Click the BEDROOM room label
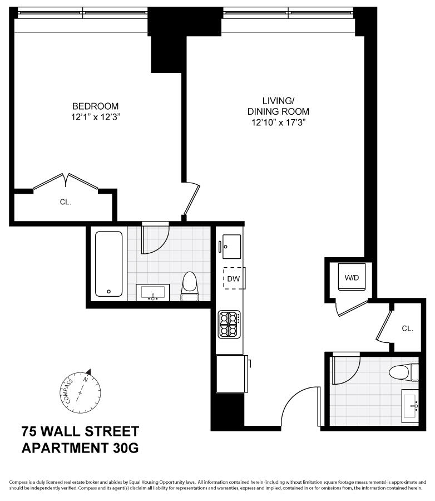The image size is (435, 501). click(95, 106)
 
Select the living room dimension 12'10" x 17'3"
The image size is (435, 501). click(278, 122)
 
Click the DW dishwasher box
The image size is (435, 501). click(233, 278)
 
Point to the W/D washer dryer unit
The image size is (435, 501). click(352, 277)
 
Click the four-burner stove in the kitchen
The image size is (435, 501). click(229, 325)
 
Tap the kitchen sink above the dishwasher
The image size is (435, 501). click(231, 247)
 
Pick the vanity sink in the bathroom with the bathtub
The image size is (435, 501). click(152, 292)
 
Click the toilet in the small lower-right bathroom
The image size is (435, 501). click(403, 371)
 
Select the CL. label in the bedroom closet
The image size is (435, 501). click(66, 203)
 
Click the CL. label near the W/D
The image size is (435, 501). click(408, 328)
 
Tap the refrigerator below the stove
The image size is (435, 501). click(230, 373)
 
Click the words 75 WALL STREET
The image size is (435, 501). click(80, 431)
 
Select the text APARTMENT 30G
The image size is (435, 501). click(80, 447)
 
